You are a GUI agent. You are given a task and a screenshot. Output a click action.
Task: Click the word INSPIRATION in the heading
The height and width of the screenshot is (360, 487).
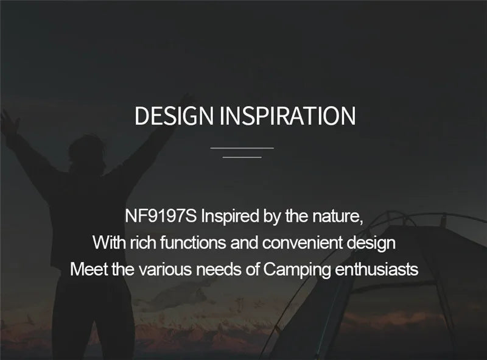point(287,116)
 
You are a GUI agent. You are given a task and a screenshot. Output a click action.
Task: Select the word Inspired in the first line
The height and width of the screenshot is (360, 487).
point(230,216)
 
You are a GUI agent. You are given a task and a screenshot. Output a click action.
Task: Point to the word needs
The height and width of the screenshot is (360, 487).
point(214,269)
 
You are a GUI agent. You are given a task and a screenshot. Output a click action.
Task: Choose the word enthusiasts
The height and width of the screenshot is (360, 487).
point(377,269)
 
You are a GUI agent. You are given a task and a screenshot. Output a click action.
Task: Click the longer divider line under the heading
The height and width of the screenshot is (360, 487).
point(242,147)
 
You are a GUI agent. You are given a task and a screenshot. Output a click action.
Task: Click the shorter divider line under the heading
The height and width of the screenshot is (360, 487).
point(242,157)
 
